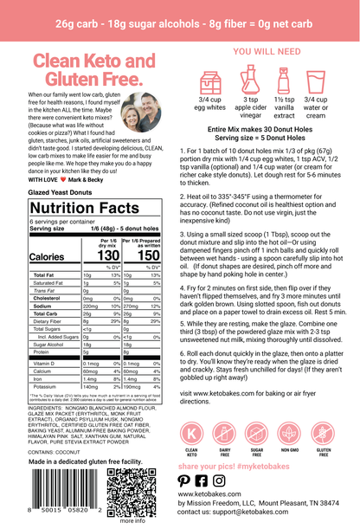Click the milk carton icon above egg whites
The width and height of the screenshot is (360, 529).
207,86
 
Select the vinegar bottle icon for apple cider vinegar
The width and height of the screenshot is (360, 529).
244,86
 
